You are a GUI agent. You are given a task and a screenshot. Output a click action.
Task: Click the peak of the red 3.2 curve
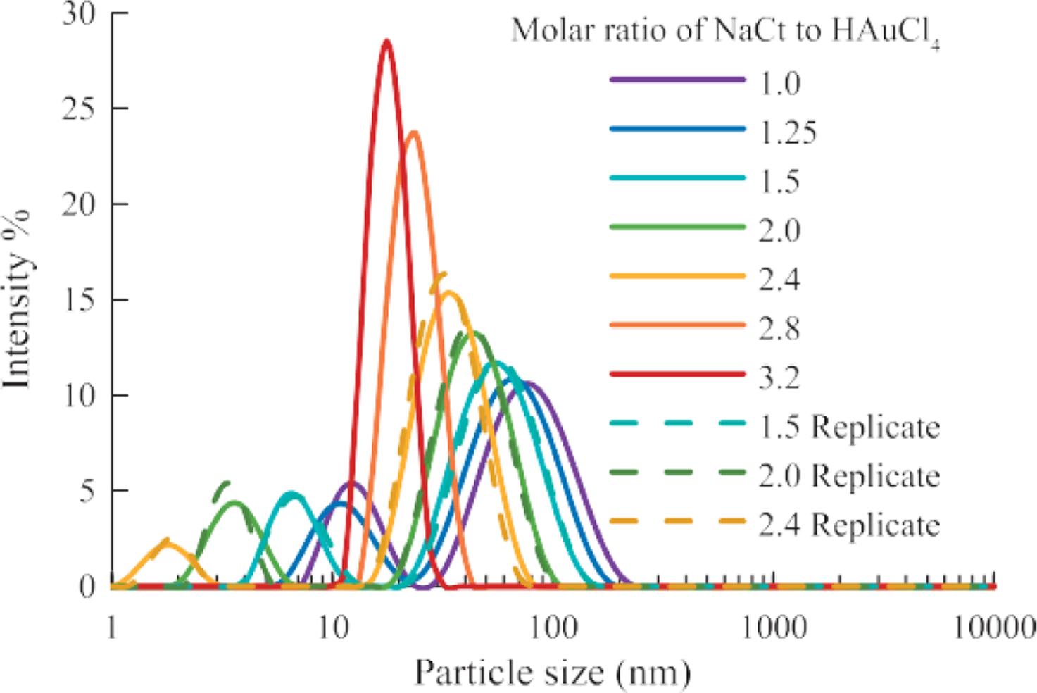[386, 42]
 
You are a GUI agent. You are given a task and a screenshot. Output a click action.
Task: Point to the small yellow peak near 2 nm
[167, 542]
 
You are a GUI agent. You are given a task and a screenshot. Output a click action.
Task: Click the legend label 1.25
[787, 132]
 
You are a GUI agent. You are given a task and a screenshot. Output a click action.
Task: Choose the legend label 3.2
[779, 377]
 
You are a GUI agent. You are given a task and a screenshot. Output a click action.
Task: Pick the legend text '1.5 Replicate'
[848, 427]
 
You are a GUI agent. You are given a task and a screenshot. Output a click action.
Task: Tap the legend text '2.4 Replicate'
[848, 525]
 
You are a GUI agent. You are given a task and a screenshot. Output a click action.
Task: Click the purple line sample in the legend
[677, 81]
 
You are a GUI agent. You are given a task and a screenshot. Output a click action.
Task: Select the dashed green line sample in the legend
[677, 475]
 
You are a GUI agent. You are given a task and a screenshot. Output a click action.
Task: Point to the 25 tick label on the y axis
[79, 108]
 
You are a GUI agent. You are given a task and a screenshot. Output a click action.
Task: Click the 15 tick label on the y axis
[79, 300]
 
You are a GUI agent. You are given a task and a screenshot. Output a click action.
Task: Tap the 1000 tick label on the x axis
[774, 626]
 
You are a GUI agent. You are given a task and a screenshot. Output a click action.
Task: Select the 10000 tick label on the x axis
[994, 626]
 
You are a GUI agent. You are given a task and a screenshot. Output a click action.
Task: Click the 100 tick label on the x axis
[553, 626]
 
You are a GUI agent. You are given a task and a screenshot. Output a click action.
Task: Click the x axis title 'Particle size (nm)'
[552, 672]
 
